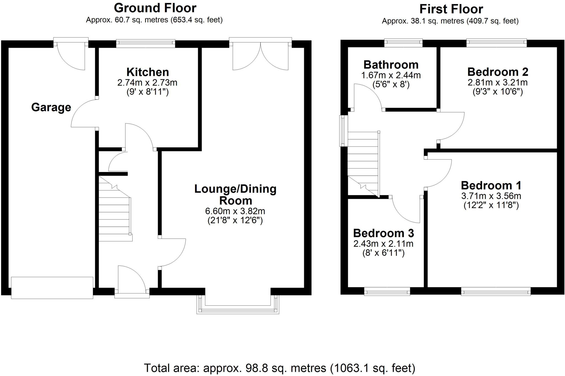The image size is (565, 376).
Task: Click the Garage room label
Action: pos(51,107)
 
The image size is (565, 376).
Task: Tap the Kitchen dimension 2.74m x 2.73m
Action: pos(147,83)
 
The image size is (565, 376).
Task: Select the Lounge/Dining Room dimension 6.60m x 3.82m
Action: pos(235,211)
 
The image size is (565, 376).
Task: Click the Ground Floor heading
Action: pos(155,8)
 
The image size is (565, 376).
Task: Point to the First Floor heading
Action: pos(451,9)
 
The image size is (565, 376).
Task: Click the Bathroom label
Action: pos(391,65)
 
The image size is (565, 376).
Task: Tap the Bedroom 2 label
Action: pos(498,72)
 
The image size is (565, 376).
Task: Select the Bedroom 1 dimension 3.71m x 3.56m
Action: pos(491,196)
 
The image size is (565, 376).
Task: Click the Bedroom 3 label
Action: pos(383,233)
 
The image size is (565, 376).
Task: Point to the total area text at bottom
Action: pos(279,368)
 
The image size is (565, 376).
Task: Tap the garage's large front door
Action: pos(52,288)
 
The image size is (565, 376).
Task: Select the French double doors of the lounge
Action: pos(260,55)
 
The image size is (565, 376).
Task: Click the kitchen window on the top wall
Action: pos(145,43)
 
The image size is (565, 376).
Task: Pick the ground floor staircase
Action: pos(114,210)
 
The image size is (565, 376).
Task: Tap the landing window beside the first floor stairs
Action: pos(343,131)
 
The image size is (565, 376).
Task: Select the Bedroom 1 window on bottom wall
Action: pos(496,292)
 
